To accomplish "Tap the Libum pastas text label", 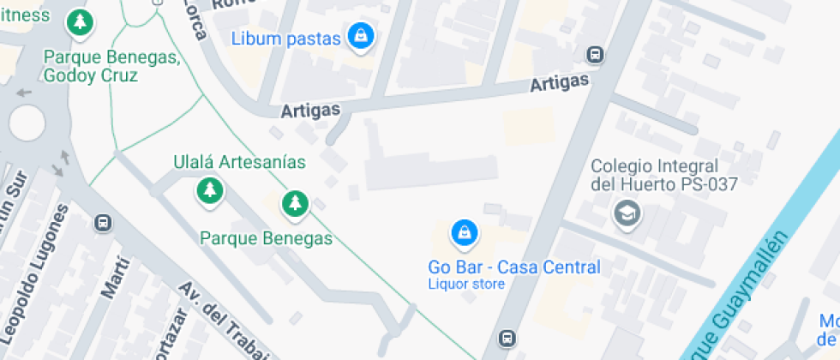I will pos(287,39).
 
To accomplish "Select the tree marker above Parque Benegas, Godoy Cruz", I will pos(80,23).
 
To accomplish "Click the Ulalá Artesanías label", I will pos(239,161).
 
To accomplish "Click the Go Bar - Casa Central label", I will pos(514,267).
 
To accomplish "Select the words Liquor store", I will pos(466,284).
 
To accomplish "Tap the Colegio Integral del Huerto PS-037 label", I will pos(664,174).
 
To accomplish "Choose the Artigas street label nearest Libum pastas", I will pos(311,110).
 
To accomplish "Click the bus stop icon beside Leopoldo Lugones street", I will pos(104,223).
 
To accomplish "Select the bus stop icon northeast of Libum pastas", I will pos(594,55).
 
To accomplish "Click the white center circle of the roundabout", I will pos(27,123).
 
